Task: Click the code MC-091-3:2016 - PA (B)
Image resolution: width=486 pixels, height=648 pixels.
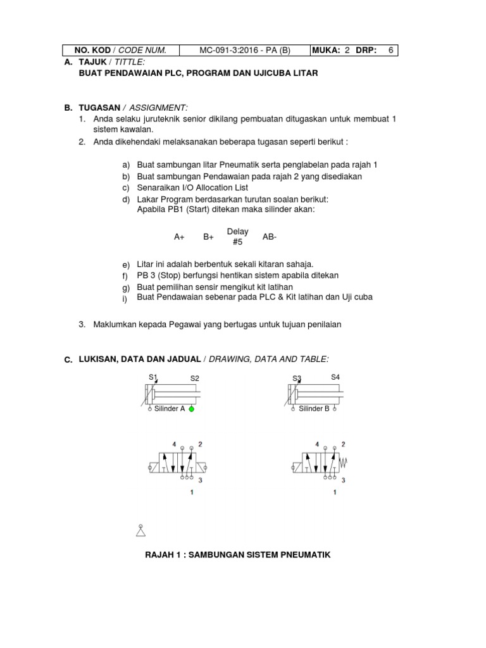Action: pos(244,50)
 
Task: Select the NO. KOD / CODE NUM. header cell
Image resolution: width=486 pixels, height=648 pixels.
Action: pos(120,50)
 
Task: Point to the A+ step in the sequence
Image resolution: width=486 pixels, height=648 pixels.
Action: pos(179,237)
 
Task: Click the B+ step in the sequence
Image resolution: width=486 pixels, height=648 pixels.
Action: pos(208,237)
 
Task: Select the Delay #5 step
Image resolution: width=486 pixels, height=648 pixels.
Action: pos(237,237)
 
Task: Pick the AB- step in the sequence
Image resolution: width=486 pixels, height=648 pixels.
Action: pos(270,237)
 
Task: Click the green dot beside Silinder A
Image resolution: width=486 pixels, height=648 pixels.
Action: pos(191,409)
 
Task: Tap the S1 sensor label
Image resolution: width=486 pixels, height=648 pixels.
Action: pos(153,377)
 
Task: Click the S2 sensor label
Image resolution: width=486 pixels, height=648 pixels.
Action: pos(195,378)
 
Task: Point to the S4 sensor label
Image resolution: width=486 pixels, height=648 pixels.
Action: pos(335,377)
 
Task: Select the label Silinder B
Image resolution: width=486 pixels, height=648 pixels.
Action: pos(315,409)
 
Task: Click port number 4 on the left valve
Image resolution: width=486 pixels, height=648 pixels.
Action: pos(175,444)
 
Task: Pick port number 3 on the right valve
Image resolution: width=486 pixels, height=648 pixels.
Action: pos(342,480)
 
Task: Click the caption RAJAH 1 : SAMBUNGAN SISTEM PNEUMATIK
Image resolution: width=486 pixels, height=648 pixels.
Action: pos(238,555)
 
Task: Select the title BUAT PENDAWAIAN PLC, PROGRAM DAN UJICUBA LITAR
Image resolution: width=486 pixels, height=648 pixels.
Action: pos(198,73)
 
